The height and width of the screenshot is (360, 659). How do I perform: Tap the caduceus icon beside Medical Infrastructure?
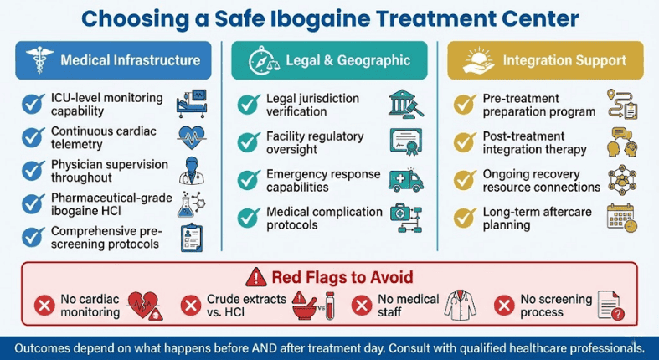coord(39,60)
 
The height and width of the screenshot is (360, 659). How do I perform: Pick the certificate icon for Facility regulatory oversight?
coord(407,142)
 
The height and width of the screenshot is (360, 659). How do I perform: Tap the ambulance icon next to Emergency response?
coord(407,179)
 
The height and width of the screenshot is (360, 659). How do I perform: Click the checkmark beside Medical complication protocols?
coord(249,217)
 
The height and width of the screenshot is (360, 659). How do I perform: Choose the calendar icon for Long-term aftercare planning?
coord(622,217)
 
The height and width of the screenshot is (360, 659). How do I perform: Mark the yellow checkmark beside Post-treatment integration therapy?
coord(464,142)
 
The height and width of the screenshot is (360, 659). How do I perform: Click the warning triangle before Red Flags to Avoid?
coord(256,276)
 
